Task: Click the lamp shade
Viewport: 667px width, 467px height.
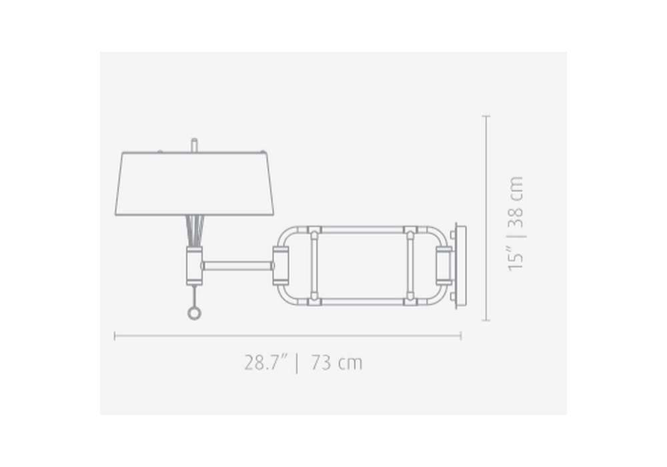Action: [x=194, y=183]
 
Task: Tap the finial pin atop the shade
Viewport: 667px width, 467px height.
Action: [x=194, y=145]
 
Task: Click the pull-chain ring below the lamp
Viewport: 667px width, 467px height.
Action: [x=193, y=314]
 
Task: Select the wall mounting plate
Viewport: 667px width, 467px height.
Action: [x=460, y=266]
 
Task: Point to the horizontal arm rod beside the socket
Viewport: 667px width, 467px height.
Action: [x=237, y=266]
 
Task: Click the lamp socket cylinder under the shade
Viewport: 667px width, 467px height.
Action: [x=194, y=266]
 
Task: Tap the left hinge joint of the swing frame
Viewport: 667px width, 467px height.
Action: [x=281, y=266]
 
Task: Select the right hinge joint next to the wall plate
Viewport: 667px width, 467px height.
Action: [x=444, y=266]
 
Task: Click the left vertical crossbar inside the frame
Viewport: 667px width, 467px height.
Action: [x=314, y=266]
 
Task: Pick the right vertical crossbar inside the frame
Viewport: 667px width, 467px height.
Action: [x=410, y=266]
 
